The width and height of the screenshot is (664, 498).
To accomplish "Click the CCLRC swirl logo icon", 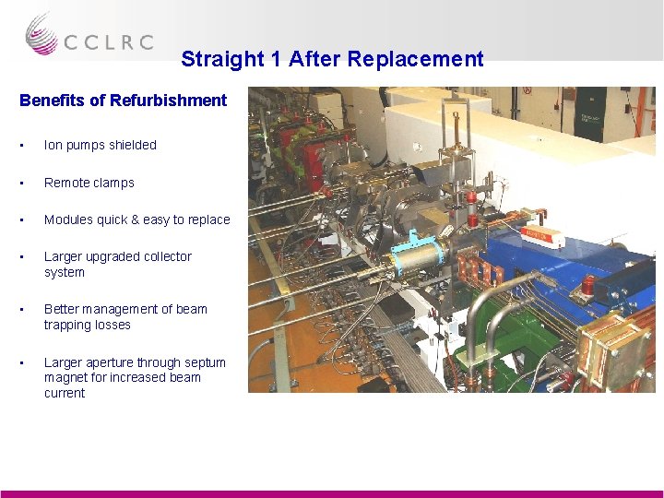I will pyautogui.click(x=41, y=34).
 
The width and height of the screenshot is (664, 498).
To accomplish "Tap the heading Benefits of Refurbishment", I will pyautogui.click(x=123, y=100).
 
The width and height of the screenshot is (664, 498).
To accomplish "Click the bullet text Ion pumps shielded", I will pyautogui.click(x=101, y=145).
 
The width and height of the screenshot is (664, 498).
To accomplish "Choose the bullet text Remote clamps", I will pyautogui.click(x=89, y=183).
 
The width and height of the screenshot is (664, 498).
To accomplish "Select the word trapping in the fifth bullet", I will pyautogui.click(x=65, y=325).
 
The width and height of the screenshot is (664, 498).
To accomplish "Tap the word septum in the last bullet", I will pyautogui.click(x=205, y=362).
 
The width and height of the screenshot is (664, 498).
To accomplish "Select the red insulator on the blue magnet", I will pyautogui.click(x=587, y=285).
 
